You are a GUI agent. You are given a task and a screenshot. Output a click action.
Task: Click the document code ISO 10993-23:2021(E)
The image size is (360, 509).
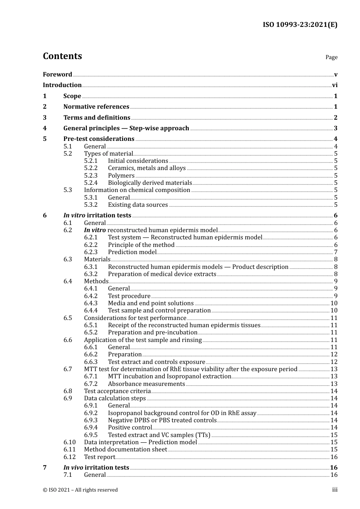click(300, 25)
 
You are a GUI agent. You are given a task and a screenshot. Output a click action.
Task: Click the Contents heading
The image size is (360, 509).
click(62, 56)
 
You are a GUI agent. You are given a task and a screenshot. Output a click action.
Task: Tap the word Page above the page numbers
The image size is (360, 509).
click(331, 57)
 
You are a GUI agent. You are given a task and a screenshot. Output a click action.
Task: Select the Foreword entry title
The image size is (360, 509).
click(57, 75)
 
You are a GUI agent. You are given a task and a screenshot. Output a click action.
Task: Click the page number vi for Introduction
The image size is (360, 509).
click(335, 85)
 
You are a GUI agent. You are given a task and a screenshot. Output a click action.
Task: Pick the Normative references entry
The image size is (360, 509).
click(96, 107)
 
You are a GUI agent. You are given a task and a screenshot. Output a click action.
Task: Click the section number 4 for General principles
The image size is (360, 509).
click(45, 128)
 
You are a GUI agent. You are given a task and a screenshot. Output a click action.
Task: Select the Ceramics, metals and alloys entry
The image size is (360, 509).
click(147, 168)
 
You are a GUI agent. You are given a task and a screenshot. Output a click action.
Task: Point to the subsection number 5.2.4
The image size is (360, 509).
click(91, 183)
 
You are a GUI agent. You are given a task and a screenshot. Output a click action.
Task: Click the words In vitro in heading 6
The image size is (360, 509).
click(74, 215)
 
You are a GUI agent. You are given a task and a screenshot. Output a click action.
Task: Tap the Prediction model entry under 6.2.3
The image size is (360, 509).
click(132, 252)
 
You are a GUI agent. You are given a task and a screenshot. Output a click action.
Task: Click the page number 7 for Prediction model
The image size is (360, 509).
click(335, 252)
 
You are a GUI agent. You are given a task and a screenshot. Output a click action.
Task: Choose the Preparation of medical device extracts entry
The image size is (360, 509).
click(162, 274)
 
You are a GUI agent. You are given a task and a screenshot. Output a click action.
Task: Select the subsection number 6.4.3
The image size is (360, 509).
click(91, 303)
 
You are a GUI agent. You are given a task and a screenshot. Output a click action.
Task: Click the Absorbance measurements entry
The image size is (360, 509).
click(146, 384)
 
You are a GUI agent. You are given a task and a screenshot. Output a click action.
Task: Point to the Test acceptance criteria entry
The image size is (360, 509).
click(117, 391)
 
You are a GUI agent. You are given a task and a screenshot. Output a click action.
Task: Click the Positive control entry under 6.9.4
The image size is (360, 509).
click(130, 428)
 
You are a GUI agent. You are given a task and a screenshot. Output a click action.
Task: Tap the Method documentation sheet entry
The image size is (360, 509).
click(125, 450)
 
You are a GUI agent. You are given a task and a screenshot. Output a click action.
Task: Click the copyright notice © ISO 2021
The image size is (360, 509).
click(80, 490)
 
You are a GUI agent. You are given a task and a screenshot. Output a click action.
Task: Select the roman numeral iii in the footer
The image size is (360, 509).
click(335, 490)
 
